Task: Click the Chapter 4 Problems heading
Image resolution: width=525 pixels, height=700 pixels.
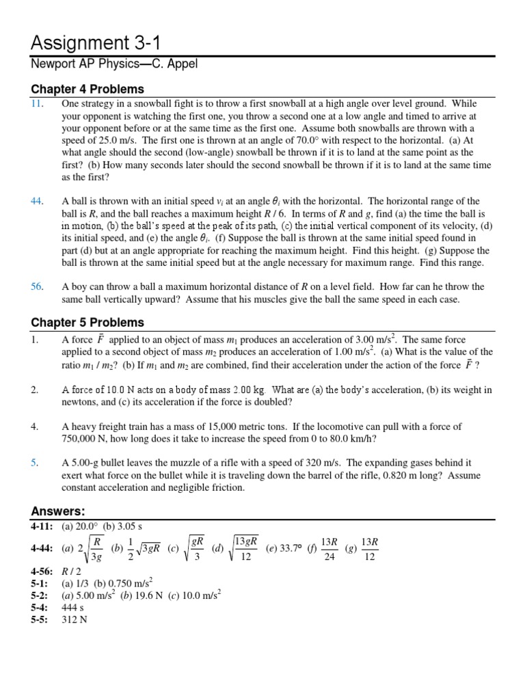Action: (87, 89)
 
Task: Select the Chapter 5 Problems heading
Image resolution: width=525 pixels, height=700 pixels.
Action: (87, 322)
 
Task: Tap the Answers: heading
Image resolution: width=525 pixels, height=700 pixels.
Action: (58, 511)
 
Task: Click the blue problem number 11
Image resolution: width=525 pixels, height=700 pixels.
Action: (37, 104)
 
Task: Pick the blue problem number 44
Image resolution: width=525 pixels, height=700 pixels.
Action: (37, 201)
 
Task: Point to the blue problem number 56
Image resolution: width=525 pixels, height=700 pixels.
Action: (37, 287)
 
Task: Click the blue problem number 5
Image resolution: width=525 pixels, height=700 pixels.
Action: (34, 463)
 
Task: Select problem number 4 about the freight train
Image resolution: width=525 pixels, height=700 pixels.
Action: (34, 427)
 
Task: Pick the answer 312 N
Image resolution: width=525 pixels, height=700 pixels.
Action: (73, 619)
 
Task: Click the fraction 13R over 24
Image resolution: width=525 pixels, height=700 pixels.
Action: (329, 549)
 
